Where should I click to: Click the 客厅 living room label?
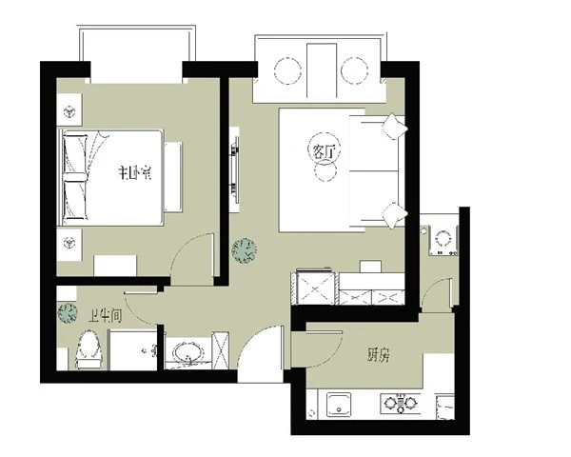324,152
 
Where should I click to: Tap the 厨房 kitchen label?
379,354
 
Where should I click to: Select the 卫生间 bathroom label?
106,316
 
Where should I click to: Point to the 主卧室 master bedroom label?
135,172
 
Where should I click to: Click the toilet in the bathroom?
88,349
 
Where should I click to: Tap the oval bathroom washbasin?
188,353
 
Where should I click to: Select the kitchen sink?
339,404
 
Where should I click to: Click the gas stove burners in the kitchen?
401,403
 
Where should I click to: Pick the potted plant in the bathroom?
68,313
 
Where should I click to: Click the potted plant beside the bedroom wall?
245,250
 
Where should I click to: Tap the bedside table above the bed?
69,110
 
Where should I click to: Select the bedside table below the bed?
69,244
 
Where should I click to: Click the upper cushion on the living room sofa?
394,127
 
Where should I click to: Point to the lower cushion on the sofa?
394,215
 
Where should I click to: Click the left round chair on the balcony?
287,70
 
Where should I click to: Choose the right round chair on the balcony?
354,70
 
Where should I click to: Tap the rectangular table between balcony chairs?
322,71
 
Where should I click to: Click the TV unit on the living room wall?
234,170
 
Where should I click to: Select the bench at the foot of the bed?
173,177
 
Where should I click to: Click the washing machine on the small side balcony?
443,241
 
